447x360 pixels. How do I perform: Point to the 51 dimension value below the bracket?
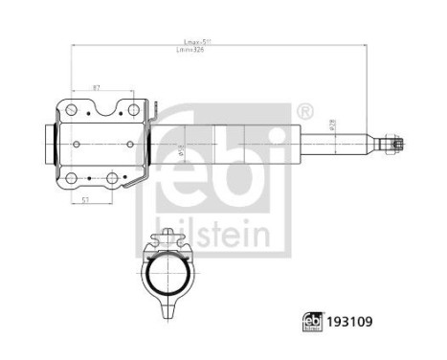(x=87, y=200)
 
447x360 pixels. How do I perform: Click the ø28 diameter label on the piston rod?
(x=331, y=124)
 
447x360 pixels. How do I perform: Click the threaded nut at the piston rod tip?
(x=391, y=144)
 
